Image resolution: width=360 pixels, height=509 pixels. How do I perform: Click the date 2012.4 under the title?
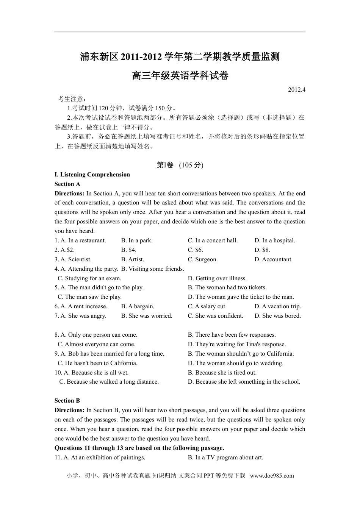pos(296,90)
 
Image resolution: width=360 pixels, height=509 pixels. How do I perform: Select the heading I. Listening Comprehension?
pos(92,175)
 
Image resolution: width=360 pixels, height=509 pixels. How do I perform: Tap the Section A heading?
pos(67,184)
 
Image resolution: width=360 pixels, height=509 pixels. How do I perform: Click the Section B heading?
pos(67,401)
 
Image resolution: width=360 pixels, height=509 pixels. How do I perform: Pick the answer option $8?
pos(262,250)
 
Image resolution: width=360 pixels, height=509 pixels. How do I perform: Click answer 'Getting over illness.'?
pos(217,278)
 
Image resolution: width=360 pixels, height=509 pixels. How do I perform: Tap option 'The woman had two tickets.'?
pos(227,287)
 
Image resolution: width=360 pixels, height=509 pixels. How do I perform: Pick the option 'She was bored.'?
pos(278,316)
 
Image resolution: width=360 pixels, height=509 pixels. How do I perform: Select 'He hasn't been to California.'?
pos(97,363)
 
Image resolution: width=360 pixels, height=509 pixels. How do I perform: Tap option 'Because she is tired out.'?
pos(222,373)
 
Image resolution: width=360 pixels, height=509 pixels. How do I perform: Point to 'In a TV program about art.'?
pos(225,457)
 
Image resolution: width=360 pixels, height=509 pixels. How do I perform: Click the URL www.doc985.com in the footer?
pos(272,476)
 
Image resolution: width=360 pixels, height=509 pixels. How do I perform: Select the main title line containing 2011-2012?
pos(180,57)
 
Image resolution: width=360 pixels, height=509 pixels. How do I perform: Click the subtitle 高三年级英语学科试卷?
pos(180,76)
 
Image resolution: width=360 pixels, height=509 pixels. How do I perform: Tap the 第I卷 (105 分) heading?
pos(180,165)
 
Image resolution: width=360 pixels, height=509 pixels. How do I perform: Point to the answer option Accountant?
pos(274,259)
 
